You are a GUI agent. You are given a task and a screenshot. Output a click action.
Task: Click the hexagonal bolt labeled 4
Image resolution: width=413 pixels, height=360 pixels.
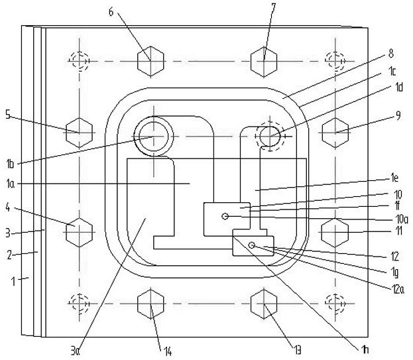79,231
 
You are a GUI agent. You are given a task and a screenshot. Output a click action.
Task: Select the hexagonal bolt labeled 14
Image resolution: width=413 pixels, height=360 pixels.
150,304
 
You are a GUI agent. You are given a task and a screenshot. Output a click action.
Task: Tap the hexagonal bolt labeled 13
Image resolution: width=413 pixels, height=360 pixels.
264,304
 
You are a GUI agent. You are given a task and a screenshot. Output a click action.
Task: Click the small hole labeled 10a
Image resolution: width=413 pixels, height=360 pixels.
226,216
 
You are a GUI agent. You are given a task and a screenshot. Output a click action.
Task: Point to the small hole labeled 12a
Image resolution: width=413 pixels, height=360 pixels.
252,245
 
